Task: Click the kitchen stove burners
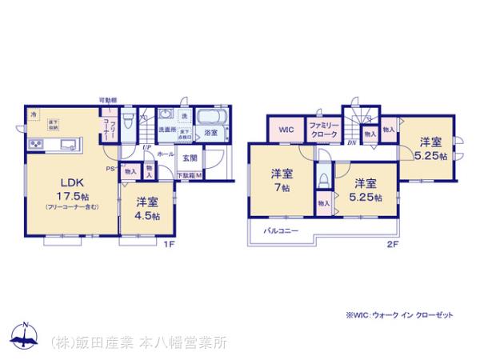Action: pos(36,145)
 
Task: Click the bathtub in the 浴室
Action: pos(211,116)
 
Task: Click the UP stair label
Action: pos(147,147)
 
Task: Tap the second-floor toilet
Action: pos(323,177)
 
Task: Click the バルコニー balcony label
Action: pos(282,231)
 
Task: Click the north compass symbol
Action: pos(25,335)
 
